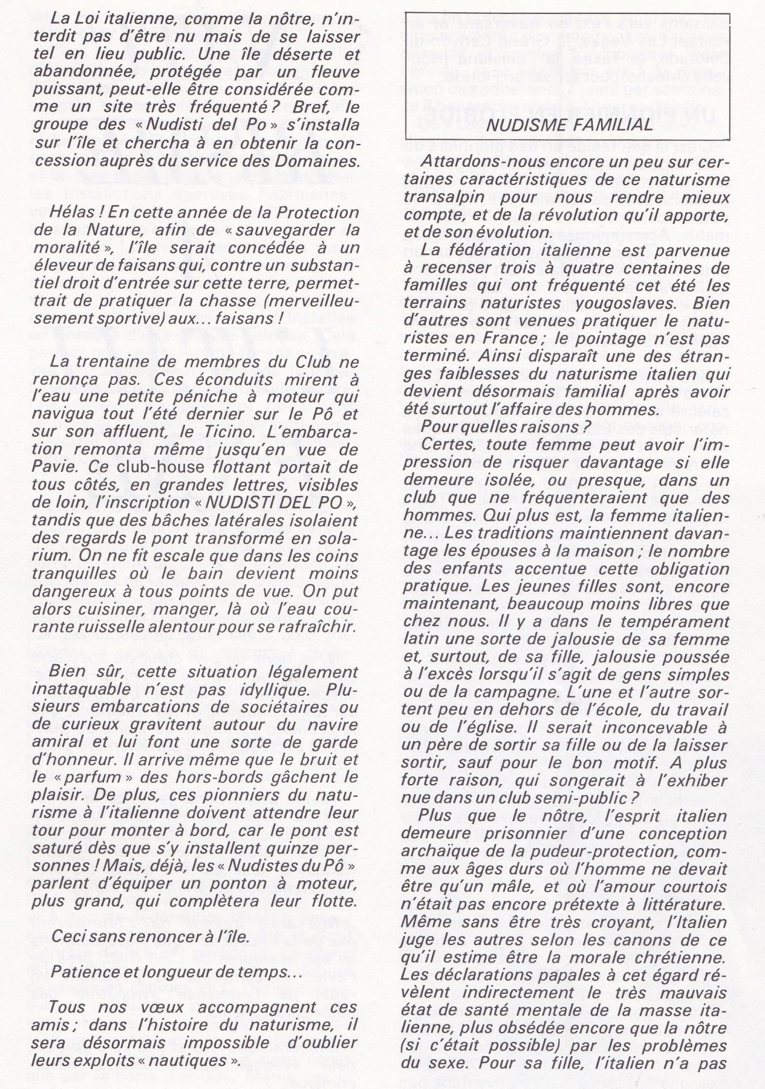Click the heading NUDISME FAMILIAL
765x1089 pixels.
click(570, 124)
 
